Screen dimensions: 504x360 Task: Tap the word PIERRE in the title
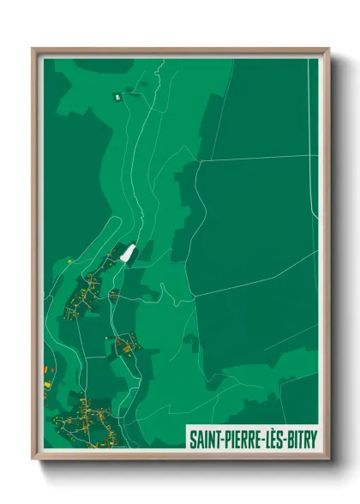[x=247, y=437]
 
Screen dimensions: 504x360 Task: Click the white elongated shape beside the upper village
[x=129, y=255]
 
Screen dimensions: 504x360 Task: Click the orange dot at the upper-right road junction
[x=200, y=160]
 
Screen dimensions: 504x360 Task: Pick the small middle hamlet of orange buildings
[x=127, y=345]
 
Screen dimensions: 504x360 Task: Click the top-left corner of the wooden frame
[x=34, y=50]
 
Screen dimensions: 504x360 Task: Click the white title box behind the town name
[x=252, y=437]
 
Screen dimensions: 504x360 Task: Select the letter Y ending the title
[x=313, y=437]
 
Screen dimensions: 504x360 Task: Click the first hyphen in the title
[x=225, y=438]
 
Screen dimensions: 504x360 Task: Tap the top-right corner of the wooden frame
[x=328, y=50]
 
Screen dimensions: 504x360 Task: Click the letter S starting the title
[x=192, y=437]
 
